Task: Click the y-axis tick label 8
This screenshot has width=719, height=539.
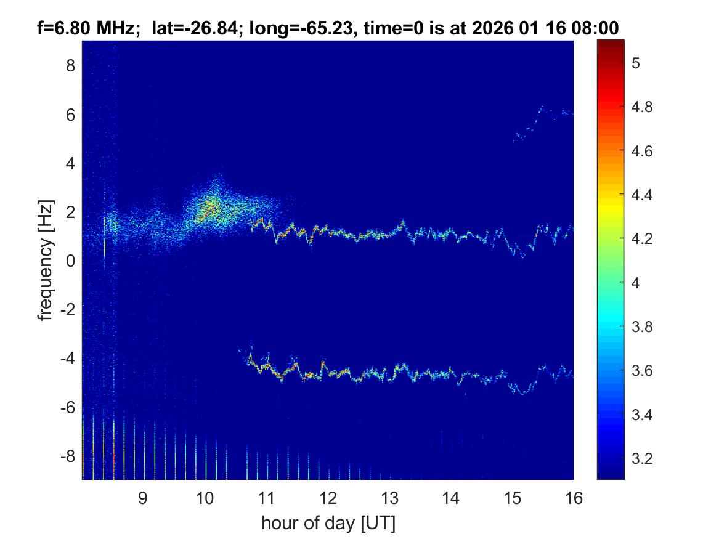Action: click(x=70, y=65)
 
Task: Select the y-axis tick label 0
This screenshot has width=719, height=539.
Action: click(x=70, y=261)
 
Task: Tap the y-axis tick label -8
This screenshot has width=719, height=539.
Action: click(x=67, y=456)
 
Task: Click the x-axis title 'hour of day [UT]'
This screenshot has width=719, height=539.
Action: click(x=328, y=524)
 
